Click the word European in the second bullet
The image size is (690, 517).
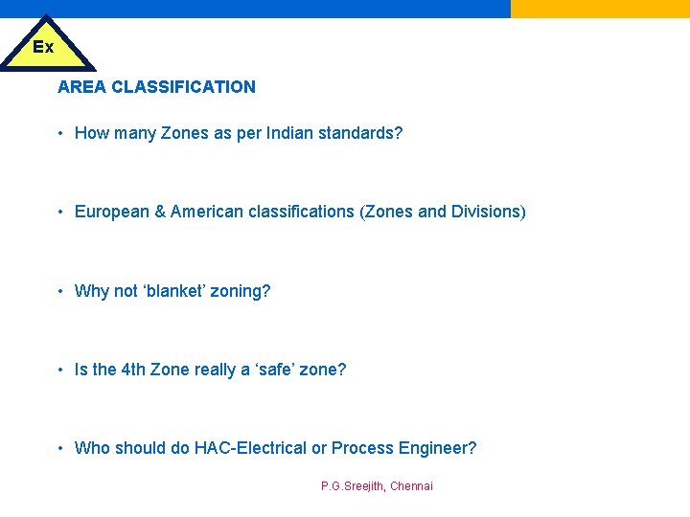tap(112, 212)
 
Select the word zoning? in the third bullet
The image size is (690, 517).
tap(243, 291)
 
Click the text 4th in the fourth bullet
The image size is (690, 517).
tap(134, 370)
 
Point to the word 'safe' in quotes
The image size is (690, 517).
tap(273, 370)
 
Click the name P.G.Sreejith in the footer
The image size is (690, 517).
tap(352, 486)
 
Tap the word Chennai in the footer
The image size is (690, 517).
tap(411, 486)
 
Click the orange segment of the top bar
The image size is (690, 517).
tap(600, 9)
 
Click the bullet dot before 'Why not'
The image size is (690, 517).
tap(60, 291)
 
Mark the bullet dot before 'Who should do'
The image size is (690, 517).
tap(60, 448)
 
